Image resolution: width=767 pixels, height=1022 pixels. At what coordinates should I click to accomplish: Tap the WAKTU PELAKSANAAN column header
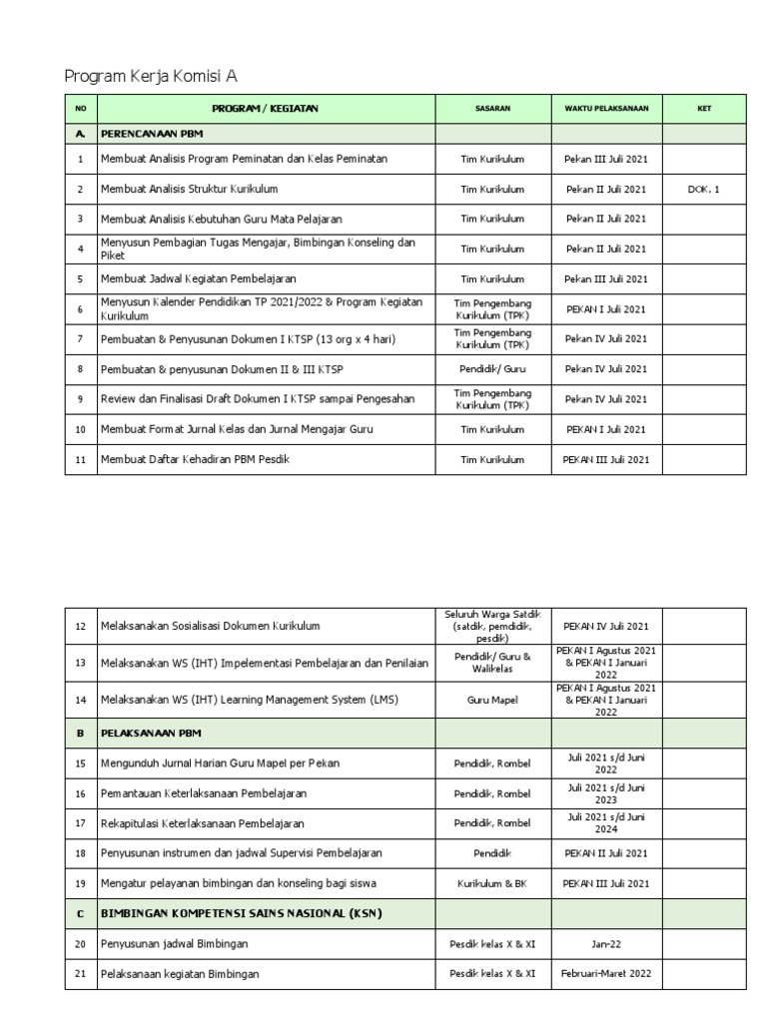pyautogui.click(x=606, y=109)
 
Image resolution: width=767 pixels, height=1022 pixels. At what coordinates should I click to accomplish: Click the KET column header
pyautogui.click(x=703, y=109)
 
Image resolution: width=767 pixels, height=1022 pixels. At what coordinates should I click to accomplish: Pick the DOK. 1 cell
pyautogui.click(x=703, y=189)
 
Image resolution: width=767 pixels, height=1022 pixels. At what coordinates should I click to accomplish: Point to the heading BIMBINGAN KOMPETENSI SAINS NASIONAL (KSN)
pyautogui.click(x=241, y=913)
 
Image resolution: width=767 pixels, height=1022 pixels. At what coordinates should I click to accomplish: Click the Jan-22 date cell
pyautogui.click(x=606, y=943)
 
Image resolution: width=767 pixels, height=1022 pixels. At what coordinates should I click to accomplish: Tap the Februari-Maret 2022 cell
pyautogui.click(x=606, y=973)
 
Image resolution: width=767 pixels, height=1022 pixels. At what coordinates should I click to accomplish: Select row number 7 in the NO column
pyautogui.click(x=80, y=339)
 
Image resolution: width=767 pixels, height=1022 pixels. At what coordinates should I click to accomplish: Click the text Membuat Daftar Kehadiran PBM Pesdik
pyautogui.click(x=195, y=459)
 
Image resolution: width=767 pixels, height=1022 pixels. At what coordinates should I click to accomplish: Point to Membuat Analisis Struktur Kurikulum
pyautogui.click(x=189, y=189)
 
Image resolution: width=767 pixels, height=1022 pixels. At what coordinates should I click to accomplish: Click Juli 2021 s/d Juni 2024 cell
pyautogui.click(x=606, y=822)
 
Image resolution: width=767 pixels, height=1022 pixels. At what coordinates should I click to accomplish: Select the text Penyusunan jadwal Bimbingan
pyautogui.click(x=174, y=943)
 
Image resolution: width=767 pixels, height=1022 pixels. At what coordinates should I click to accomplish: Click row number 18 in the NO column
pyautogui.click(x=80, y=853)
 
